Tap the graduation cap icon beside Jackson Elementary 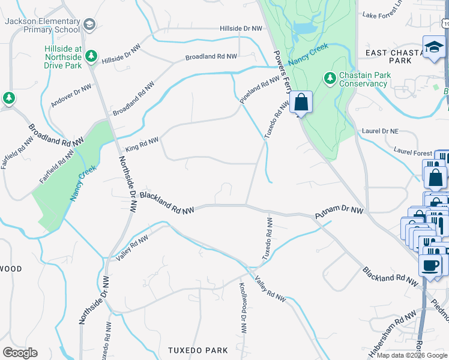coord(89,25)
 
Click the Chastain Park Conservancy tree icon coord(329,78)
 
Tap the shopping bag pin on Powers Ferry coord(301,103)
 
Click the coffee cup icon coord(430,265)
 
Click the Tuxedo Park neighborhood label coord(198,350)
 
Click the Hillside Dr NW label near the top coord(241,28)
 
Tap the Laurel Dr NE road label coord(381,130)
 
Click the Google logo coord(20,353)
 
